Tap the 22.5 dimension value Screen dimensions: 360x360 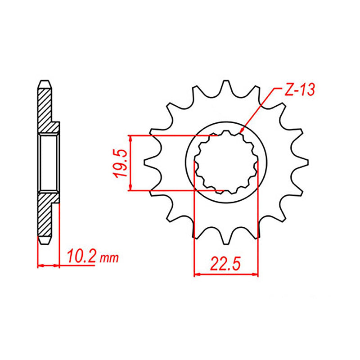point(225,262)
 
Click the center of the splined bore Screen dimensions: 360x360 point(226,163)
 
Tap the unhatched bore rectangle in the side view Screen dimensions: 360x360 point(49,162)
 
